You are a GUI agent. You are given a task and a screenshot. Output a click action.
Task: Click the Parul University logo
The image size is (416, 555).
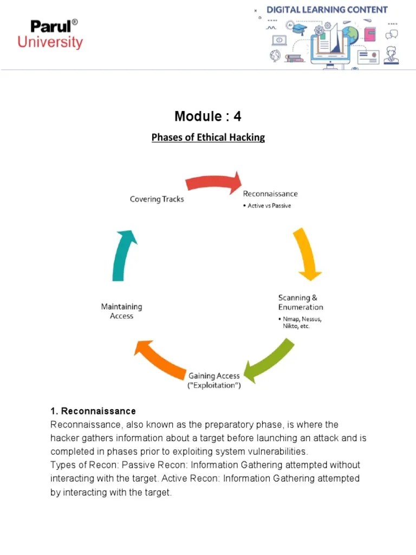pyautogui.click(x=50, y=34)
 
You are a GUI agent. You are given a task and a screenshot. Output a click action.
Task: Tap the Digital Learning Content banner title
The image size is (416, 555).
pyautogui.click(x=327, y=10)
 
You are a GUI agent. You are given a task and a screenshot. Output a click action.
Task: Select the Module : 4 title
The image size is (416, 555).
pyautogui.click(x=207, y=117)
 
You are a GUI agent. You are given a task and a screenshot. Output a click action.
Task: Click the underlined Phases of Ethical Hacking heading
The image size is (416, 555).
pyautogui.click(x=208, y=137)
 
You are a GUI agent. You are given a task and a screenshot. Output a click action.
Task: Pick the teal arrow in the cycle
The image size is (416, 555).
pyautogui.click(x=123, y=255)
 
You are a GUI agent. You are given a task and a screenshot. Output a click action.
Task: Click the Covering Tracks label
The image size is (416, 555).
pyautogui.click(x=157, y=199)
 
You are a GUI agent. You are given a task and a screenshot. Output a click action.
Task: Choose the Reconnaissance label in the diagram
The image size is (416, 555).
pyautogui.click(x=270, y=194)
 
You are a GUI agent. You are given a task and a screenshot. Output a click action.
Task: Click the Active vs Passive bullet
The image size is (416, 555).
pyautogui.click(x=267, y=206)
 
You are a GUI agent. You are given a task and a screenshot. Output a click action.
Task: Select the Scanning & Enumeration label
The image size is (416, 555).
pyautogui.click(x=300, y=302)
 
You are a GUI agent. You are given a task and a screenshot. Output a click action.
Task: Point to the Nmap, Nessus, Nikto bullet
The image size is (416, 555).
pyautogui.click(x=301, y=322)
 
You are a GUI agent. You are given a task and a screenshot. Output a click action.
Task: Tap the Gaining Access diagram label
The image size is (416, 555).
pyautogui.click(x=214, y=380)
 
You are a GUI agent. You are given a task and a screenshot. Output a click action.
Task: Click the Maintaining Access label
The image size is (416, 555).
pyautogui.click(x=121, y=311)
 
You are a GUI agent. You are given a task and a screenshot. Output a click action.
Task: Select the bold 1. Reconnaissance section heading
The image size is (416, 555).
pyautogui.click(x=93, y=411)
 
